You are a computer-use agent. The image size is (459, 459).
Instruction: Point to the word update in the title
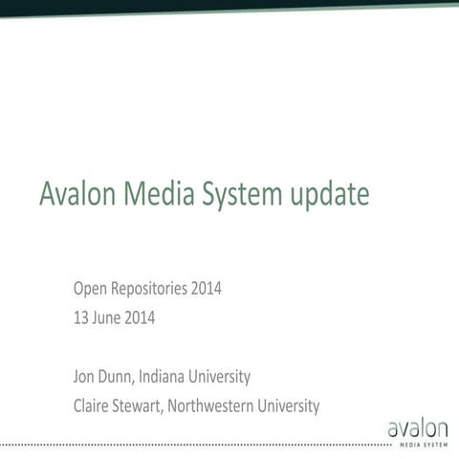coord(328,195)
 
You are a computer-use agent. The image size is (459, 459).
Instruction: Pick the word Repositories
coord(150,289)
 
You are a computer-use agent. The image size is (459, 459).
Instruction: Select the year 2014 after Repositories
coord(207,288)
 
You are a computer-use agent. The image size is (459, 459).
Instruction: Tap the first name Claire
coord(93,405)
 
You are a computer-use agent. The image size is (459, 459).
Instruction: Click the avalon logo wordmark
coord(417,428)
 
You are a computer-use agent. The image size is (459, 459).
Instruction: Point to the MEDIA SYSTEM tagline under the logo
coord(417,446)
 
